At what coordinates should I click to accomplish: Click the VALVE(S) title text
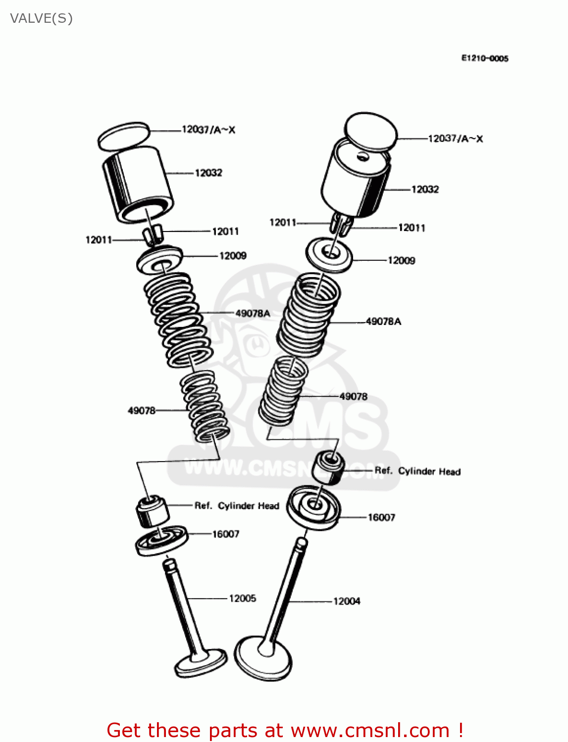coord(41,18)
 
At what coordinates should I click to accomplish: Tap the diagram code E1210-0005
coord(484,58)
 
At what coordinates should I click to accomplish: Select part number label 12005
coord(242,599)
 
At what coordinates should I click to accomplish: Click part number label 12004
coord(347,601)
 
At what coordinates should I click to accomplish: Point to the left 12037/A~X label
coord(208,130)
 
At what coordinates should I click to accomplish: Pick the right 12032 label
coord(425,189)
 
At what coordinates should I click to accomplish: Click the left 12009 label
coord(233,256)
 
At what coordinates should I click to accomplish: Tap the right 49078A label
coord(383,322)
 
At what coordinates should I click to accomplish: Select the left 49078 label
coord(142,411)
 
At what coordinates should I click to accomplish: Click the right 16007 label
coord(381,517)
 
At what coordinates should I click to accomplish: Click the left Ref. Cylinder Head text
coord(237,506)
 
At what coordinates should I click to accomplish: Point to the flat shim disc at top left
coord(124,137)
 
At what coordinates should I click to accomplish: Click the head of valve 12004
coord(263,658)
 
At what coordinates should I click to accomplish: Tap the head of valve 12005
coord(201,663)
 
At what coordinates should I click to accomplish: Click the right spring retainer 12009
coord(329,254)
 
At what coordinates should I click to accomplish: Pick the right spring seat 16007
coord(313,507)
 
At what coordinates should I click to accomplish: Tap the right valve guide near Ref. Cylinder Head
coord(327,467)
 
